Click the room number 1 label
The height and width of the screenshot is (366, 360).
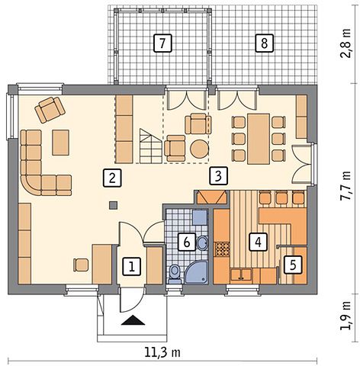click(x=132, y=267)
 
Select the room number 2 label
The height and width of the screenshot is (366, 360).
click(x=112, y=178)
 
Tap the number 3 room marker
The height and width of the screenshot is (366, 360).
click(x=219, y=175)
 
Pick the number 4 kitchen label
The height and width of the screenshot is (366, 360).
click(x=258, y=242)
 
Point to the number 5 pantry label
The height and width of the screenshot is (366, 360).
click(x=293, y=265)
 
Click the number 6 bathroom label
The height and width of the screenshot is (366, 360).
click(x=186, y=242)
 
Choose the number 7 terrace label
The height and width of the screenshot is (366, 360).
click(x=162, y=43)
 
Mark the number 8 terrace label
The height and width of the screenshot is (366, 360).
click(x=265, y=43)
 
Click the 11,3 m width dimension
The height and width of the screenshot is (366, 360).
click(x=162, y=353)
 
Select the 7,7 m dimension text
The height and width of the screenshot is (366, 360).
click(x=346, y=186)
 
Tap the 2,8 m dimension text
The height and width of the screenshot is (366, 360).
click(x=346, y=43)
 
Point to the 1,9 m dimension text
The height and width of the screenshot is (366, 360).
click(x=346, y=316)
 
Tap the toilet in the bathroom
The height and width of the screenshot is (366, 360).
click(x=175, y=274)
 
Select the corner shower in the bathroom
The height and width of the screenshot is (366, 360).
click(x=197, y=272)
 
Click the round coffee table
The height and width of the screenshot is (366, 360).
click(x=200, y=149)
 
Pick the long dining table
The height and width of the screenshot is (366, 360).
click(x=259, y=139)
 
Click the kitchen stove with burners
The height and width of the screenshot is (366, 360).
click(x=222, y=249)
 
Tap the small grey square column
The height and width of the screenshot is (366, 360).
click(x=114, y=205)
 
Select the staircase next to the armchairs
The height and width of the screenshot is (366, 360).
click(x=150, y=146)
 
